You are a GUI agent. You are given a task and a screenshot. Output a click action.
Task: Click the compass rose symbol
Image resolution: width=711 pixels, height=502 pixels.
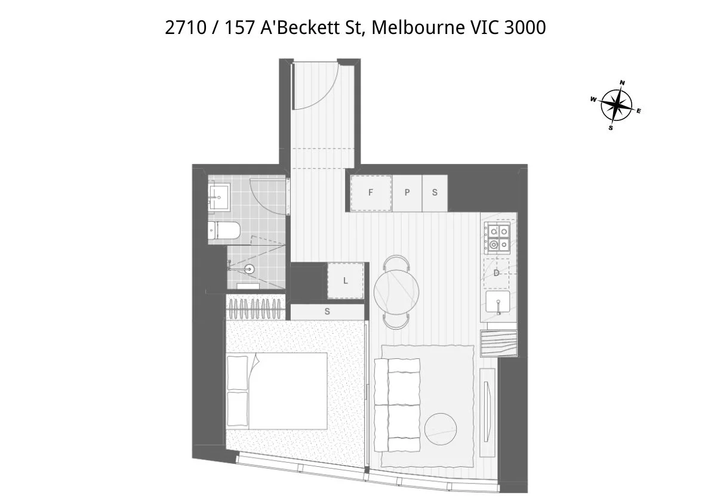click(616, 106)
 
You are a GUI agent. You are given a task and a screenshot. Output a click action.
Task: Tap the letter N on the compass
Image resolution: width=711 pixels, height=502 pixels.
click(622, 83)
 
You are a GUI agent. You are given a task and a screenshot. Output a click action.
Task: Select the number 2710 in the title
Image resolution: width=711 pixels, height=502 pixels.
click(184, 27)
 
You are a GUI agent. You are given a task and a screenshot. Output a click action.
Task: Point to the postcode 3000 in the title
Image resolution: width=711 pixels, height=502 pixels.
click(525, 27)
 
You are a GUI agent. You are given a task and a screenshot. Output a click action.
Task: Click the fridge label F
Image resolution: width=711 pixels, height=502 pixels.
click(371, 193)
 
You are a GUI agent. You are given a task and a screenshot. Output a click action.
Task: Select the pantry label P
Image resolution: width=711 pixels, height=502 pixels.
click(407, 193)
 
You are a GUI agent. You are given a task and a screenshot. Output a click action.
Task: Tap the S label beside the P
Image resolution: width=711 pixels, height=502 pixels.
click(435, 193)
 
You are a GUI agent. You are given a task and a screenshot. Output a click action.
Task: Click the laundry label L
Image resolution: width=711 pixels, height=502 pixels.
click(346, 281)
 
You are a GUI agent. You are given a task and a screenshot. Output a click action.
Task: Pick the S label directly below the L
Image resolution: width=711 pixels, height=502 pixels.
click(327, 311)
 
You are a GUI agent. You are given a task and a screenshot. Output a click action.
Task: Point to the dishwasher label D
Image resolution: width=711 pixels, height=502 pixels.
click(496, 273)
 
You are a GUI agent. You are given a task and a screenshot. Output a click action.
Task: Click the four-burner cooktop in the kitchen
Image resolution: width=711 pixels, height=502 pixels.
click(498, 237)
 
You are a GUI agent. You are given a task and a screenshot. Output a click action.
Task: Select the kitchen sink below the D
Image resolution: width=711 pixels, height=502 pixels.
click(497, 303)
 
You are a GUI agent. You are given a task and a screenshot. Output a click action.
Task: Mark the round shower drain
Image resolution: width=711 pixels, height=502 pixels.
click(250, 269)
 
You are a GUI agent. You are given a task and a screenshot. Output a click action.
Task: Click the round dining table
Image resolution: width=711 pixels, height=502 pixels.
click(396, 292)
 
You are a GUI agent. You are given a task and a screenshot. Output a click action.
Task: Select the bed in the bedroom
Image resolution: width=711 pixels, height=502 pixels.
click(277, 391)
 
